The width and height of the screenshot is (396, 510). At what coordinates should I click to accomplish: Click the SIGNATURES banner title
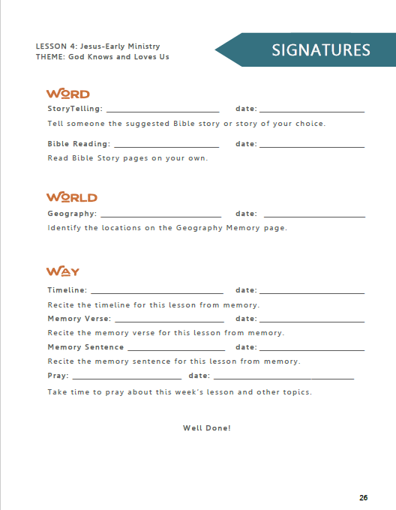[x=321, y=50]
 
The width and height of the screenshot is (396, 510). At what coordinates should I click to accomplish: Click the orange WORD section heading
[x=67, y=94]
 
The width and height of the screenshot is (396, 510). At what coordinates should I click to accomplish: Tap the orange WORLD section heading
[x=72, y=197]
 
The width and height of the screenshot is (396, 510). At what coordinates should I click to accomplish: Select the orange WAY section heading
[x=63, y=271]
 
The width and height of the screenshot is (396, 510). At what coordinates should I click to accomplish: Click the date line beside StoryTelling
[x=312, y=111]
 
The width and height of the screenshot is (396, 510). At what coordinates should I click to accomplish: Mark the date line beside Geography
[x=312, y=216]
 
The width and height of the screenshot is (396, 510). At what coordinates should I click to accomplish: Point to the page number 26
[x=363, y=498]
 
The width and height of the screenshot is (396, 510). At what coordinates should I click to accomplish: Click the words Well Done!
[x=207, y=428]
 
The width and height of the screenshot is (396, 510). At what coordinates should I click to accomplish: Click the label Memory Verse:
[x=79, y=319]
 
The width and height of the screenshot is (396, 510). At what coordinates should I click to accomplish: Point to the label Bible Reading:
[x=79, y=144]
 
